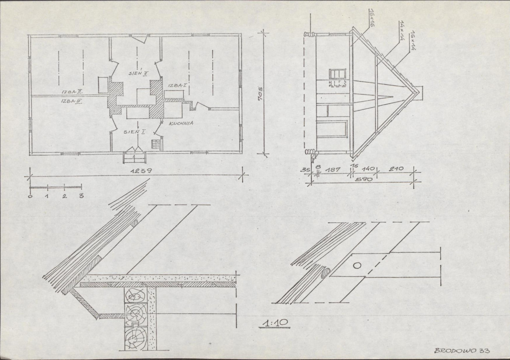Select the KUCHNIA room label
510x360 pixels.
point(181,123)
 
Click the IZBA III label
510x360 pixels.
point(71,101)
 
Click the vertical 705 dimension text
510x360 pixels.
point(260,94)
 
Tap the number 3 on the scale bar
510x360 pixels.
point(81,196)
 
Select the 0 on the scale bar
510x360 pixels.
point(30,196)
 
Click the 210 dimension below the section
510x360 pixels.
point(396,169)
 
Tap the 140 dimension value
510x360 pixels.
point(368,169)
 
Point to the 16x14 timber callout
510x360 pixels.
point(413,40)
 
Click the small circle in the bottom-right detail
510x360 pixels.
point(357,266)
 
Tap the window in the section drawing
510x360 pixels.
point(337,74)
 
